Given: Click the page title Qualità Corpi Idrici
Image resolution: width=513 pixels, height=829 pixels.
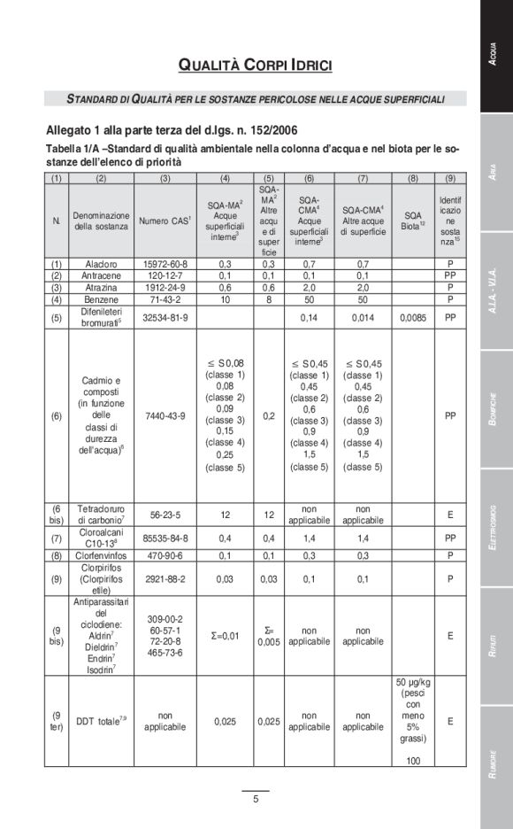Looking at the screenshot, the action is (x=256, y=65).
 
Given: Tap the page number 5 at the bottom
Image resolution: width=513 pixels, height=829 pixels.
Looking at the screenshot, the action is (x=256, y=800).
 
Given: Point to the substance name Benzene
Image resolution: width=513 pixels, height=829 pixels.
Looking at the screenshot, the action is (x=101, y=298).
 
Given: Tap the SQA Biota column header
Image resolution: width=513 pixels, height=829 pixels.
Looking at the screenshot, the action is (x=412, y=221).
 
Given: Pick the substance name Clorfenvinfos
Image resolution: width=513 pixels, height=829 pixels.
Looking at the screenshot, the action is (x=101, y=555).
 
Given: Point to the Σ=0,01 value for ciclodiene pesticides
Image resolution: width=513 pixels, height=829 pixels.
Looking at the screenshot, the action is (x=225, y=635).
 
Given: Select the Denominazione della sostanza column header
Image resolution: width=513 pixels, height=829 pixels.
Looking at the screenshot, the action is (x=101, y=221).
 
